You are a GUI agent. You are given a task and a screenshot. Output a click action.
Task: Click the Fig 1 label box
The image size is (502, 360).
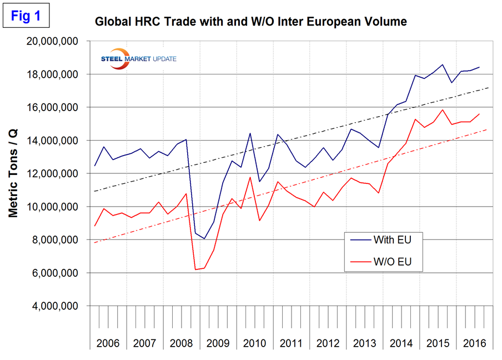tap(26, 16)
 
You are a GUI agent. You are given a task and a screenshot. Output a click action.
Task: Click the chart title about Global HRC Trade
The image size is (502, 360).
tap(251, 22)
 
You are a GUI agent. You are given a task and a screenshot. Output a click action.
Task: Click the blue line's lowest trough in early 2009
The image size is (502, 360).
tap(204, 238)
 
